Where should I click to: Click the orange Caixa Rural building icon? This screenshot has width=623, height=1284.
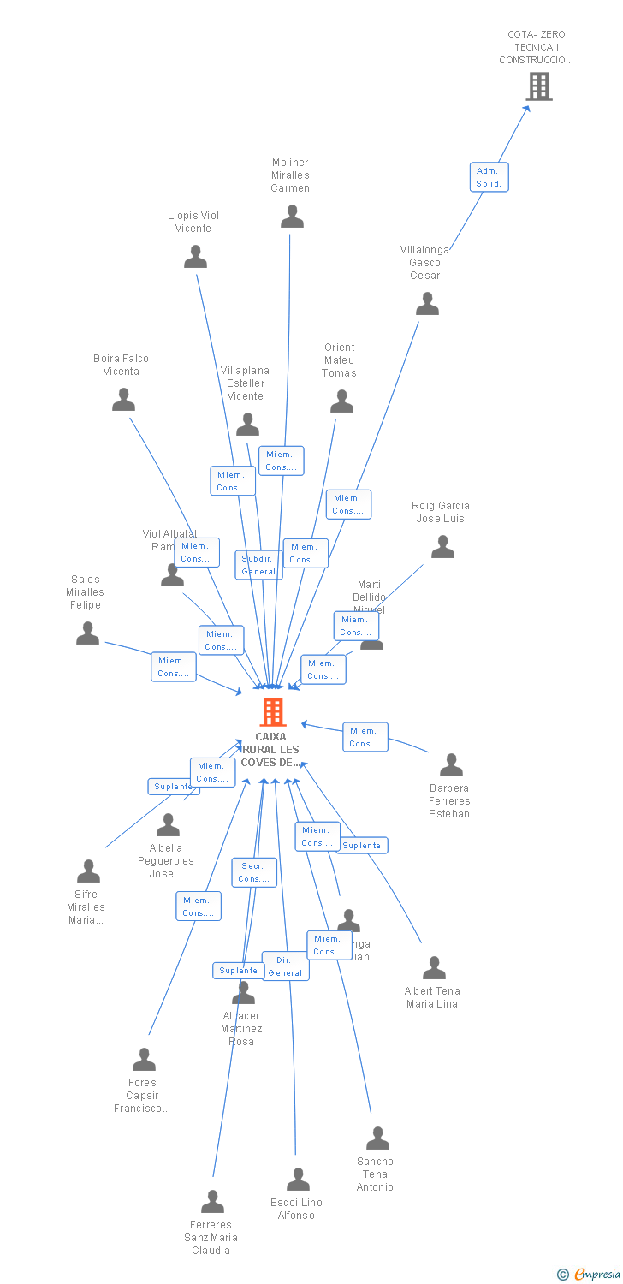click(273, 711)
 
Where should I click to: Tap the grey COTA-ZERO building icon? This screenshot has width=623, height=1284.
click(538, 86)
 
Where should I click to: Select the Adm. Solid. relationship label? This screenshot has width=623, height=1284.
click(489, 177)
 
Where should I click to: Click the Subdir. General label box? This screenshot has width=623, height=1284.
click(258, 565)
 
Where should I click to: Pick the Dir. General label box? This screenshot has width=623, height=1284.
click(285, 966)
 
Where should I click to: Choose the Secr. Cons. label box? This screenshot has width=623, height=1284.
click(254, 872)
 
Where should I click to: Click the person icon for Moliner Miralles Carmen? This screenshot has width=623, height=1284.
click(292, 217)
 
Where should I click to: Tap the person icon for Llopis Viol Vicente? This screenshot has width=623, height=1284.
click(195, 257)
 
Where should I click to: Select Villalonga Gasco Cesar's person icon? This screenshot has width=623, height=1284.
click(426, 304)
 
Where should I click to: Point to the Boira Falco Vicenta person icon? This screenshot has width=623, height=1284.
click(124, 400)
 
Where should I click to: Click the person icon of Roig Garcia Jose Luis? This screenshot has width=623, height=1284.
click(442, 547)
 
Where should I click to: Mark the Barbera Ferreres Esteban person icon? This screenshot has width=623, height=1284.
click(451, 765)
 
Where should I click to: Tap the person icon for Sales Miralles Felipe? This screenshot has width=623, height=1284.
click(87, 633)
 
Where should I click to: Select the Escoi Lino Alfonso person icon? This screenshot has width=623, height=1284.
click(298, 1180)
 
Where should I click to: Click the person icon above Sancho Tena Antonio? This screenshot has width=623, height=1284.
click(377, 1138)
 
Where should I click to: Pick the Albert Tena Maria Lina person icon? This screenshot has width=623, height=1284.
click(434, 968)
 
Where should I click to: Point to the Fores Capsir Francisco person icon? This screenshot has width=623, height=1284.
click(144, 1060)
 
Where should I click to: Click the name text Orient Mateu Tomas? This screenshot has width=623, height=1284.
click(339, 360)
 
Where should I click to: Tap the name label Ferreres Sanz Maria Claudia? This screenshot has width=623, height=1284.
click(211, 1237)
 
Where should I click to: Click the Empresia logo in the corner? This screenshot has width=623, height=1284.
click(590, 1275)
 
